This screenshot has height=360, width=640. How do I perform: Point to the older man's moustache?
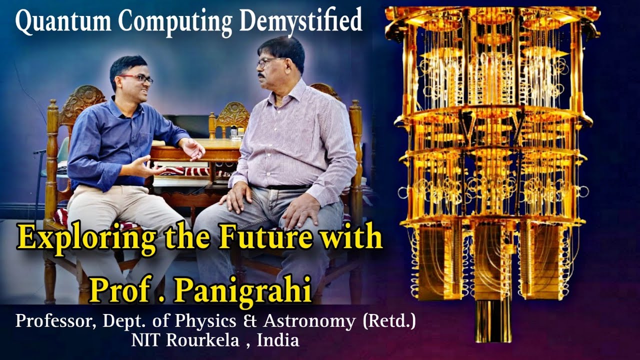pyautogui.click(x=261, y=75)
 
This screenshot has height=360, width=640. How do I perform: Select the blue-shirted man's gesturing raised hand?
pyautogui.click(x=194, y=148)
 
